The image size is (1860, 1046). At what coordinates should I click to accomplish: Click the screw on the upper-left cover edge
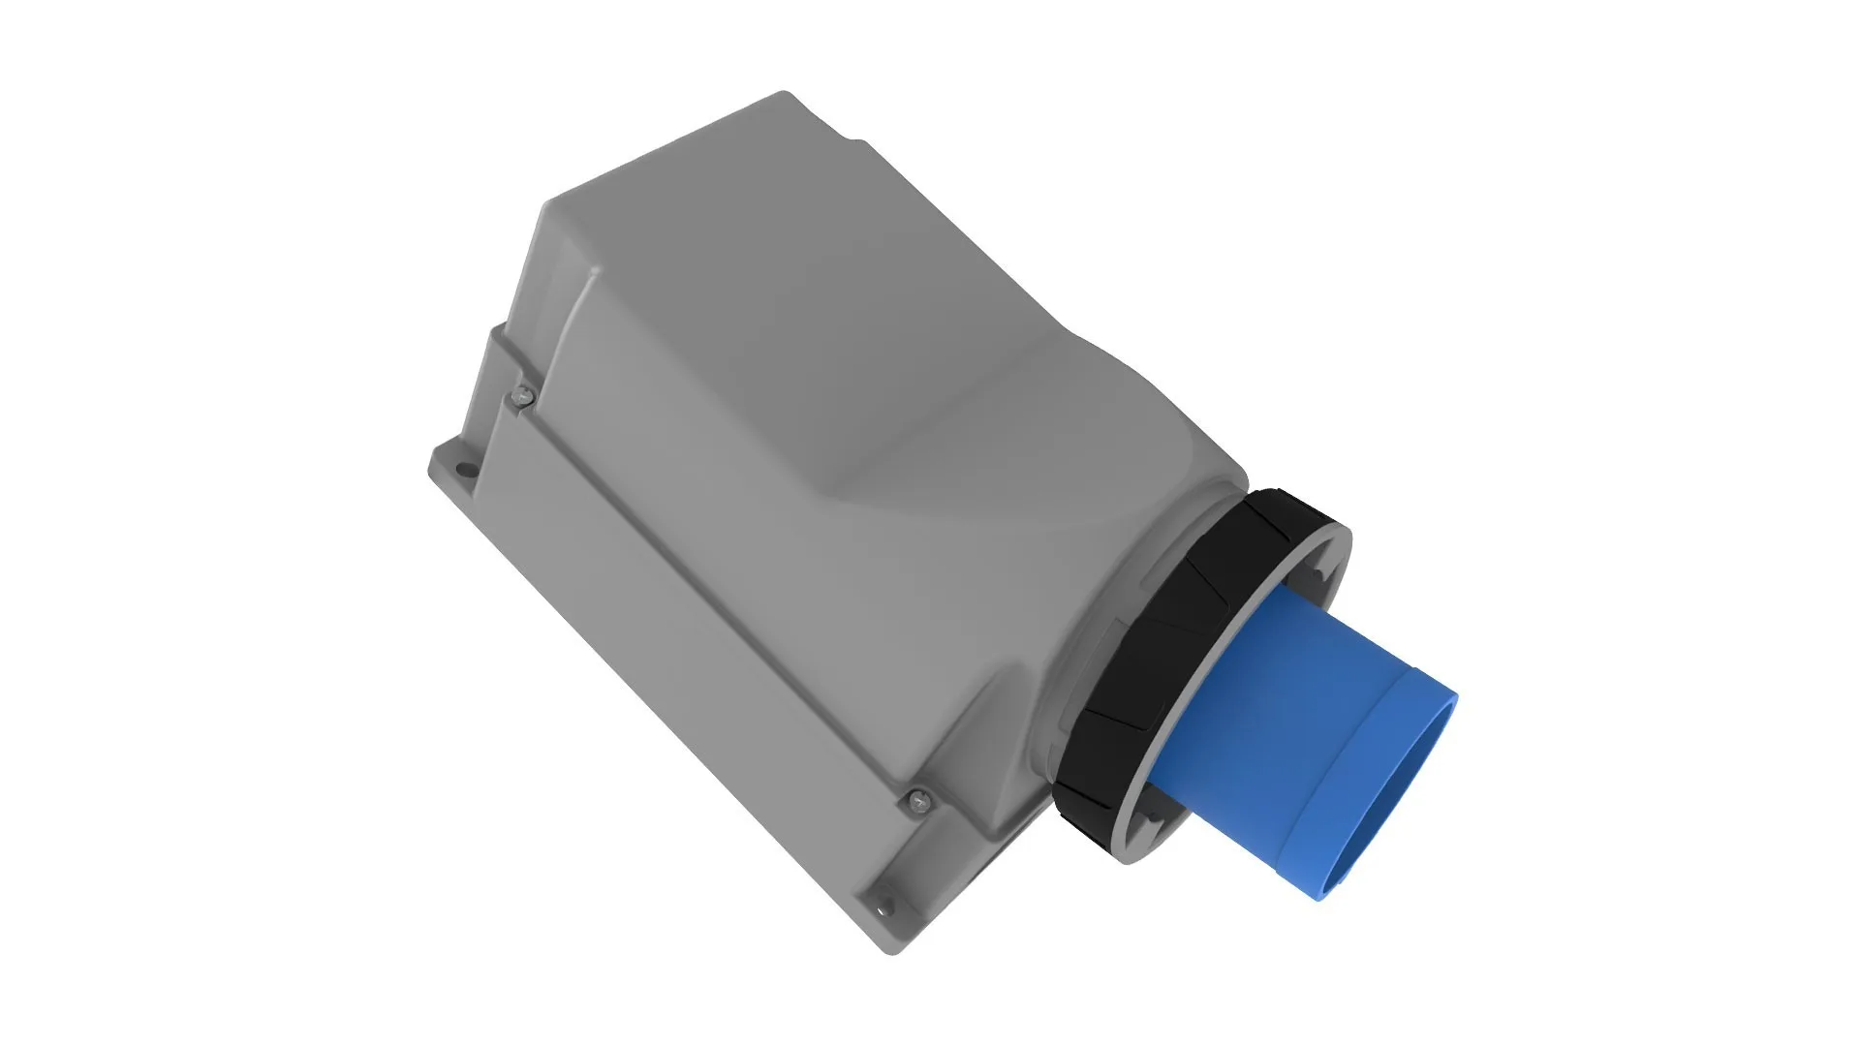click(523, 393)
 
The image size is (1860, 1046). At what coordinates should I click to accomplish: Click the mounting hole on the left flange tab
click(466, 472)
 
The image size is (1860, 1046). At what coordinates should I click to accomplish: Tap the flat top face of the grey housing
click(775, 291)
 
